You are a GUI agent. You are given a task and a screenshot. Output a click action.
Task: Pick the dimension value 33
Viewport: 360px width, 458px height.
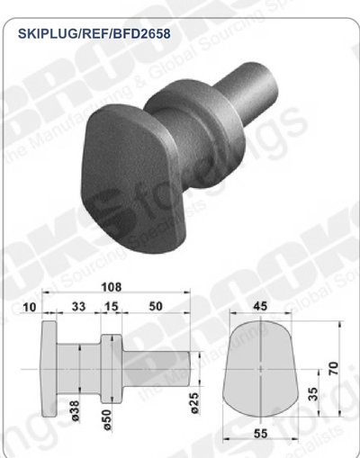[x=78, y=308]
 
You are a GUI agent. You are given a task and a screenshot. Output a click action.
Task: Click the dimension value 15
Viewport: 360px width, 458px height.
[x=111, y=308]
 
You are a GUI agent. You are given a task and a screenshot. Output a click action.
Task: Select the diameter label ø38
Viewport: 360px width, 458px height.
[x=76, y=409]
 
